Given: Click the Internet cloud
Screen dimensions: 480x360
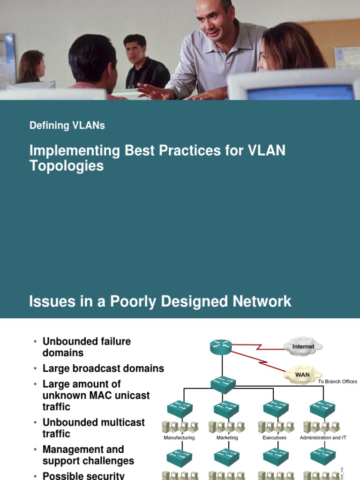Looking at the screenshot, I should [x=303, y=346].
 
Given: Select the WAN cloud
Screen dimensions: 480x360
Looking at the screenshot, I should [x=302, y=375].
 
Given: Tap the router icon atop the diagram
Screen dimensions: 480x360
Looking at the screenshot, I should [x=221, y=347].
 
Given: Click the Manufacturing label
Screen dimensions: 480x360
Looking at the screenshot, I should [x=179, y=438].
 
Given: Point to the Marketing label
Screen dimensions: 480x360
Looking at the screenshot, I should [x=227, y=438].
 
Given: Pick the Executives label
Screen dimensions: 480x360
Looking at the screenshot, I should [x=275, y=438].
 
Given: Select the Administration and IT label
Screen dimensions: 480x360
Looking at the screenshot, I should [x=323, y=438].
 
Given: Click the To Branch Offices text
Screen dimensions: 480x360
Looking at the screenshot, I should [x=337, y=382].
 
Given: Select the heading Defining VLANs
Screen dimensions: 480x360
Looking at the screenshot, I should [x=67, y=126].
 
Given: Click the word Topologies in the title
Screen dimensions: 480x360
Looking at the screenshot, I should [x=67, y=165].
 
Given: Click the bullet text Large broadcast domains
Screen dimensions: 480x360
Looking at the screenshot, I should [x=103, y=368].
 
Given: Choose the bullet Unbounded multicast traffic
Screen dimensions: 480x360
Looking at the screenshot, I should [x=94, y=428].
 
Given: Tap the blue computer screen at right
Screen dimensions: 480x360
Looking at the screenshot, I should [x=300, y=92].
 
